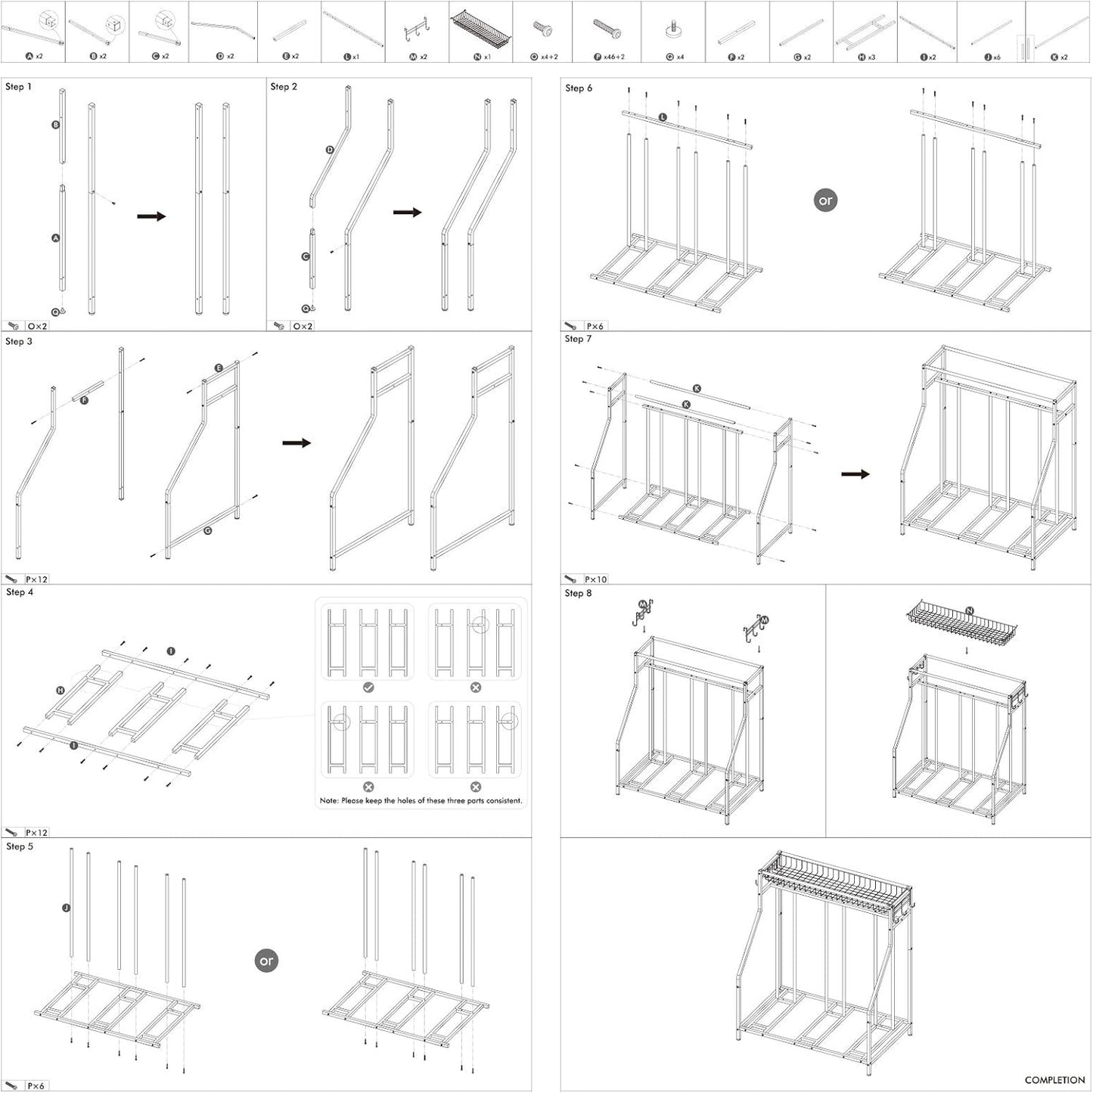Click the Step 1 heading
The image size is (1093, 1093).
pyautogui.click(x=19, y=87)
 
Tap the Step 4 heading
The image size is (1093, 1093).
pyautogui.click(x=20, y=592)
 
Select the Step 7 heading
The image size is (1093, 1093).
pyautogui.click(x=579, y=339)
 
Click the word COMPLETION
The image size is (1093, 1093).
pyautogui.click(x=1054, y=1080)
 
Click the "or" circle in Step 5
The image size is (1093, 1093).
pyautogui.click(x=266, y=961)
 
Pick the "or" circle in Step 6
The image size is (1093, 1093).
pyautogui.click(x=825, y=200)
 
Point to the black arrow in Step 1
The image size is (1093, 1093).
pyautogui.click(x=151, y=216)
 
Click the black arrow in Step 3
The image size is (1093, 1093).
pyautogui.click(x=297, y=442)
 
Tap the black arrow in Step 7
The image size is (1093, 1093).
pyautogui.click(x=855, y=474)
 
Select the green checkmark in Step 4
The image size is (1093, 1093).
pyautogui.click(x=368, y=688)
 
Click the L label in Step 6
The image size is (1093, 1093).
pyautogui.click(x=663, y=117)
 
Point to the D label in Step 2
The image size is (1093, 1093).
pyautogui.click(x=330, y=150)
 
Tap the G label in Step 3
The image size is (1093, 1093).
pyautogui.click(x=208, y=531)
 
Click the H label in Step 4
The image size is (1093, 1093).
pyautogui.click(x=61, y=691)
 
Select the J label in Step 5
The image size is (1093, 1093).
pyautogui.click(x=67, y=907)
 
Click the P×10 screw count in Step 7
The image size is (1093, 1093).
pyautogui.click(x=596, y=579)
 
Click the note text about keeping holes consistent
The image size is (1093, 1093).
pyautogui.click(x=421, y=800)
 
